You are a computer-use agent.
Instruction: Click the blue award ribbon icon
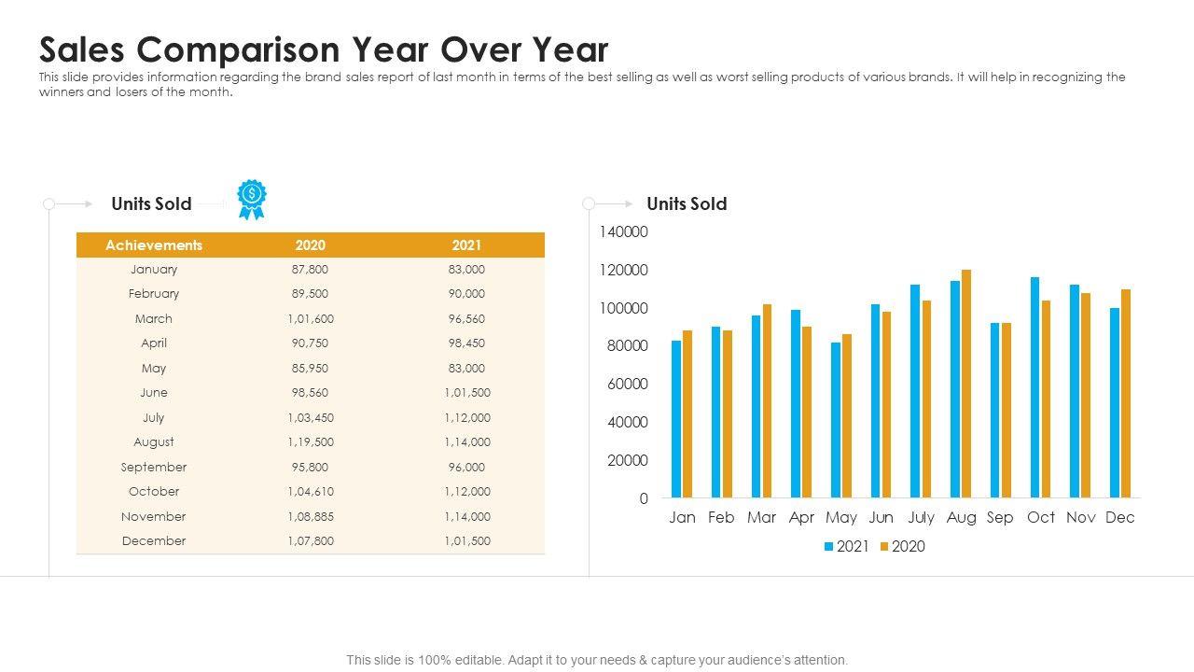251,199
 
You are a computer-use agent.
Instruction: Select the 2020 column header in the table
311,245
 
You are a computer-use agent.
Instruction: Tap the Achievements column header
154,245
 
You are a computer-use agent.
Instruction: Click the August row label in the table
154,442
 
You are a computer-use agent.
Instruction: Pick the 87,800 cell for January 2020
311,270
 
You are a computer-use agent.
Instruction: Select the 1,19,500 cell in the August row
311,442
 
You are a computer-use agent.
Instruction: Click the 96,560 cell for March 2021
466,319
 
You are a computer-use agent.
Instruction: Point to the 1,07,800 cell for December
311,541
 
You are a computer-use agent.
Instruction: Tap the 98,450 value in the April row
466,343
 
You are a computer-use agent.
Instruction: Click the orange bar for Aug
966,384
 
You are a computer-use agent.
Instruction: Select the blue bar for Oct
1034,387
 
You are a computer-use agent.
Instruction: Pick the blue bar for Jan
676,419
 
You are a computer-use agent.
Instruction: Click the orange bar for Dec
1126,393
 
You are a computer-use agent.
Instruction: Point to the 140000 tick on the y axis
624,231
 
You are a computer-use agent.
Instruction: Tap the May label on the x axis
841,518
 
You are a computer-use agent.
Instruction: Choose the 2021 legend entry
847,547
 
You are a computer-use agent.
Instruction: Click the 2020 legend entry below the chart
903,547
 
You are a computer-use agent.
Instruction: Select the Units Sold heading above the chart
687,204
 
